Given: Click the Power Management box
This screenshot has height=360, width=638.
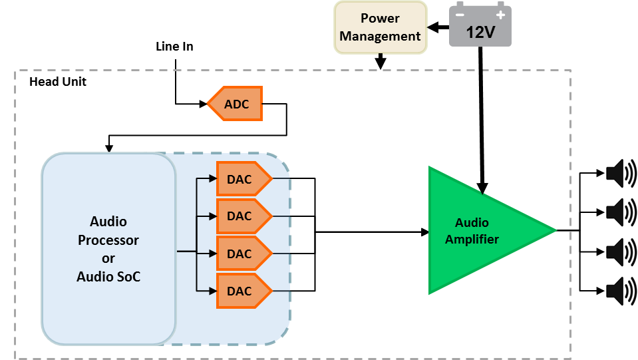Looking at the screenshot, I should [x=380, y=27].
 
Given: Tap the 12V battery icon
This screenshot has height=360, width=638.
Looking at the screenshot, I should [x=480, y=27].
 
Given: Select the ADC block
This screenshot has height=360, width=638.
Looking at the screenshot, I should [x=236, y=104].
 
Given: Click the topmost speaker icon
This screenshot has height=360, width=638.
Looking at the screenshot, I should [x=621, y=174].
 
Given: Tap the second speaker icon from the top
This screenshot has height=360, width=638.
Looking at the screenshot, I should [x=621, y=212].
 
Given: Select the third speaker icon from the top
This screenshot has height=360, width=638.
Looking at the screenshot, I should [x=621, y=252].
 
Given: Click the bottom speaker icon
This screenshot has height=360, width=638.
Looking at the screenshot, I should [x=621, y=291].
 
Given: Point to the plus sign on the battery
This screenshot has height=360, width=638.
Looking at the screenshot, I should [x=500, y=15].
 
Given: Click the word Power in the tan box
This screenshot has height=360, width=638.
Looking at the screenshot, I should [x=380, y=18].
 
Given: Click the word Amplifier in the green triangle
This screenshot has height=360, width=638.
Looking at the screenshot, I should [x=472, y=240].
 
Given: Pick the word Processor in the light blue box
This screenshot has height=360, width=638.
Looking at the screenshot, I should [x=108, y=240].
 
